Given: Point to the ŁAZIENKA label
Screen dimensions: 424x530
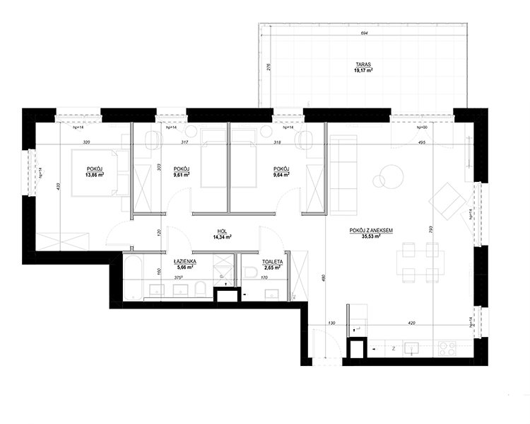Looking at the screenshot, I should [184, 261].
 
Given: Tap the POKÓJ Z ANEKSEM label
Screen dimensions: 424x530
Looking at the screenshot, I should [371, 231].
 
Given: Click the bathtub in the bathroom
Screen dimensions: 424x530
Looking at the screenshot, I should [133, 273].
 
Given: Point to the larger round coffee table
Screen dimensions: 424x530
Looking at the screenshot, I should [389, 174].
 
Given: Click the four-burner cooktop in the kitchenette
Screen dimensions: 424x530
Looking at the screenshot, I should [447, 348].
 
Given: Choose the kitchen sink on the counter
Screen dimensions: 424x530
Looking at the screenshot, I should [411, 348].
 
